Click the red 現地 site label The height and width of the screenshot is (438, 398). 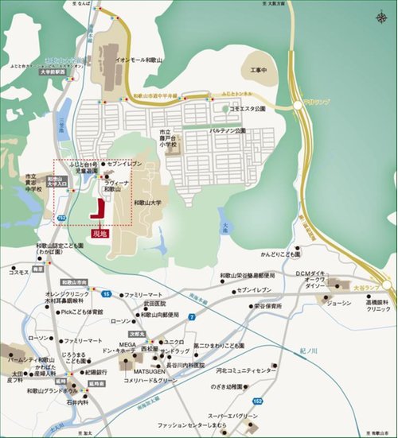(99, 234)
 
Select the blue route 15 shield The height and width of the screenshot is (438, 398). (105, 294)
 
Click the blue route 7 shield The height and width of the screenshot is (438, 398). (192, 317)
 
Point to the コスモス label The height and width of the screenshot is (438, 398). (18, 272)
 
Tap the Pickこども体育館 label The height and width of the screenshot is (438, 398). (82, 312)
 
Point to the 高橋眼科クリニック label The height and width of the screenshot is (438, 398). (373, 305)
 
